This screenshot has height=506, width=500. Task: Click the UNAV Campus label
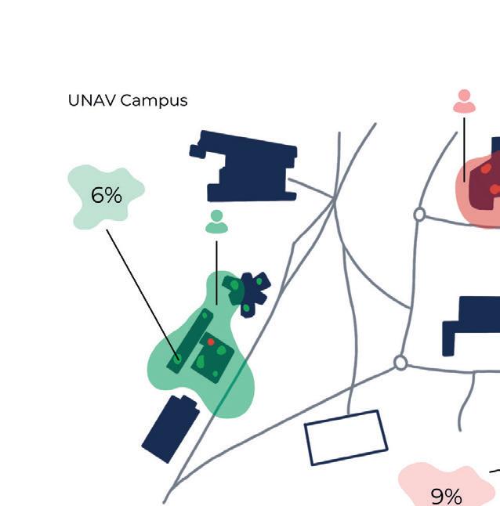pos(128,101)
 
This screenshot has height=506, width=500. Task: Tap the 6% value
pos(107,195)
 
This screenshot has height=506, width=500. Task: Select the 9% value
pos(446,496)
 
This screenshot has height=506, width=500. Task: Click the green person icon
pos(216,222)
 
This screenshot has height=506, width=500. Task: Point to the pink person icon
pos(465,101)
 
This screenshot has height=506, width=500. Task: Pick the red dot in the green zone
pos(211,342)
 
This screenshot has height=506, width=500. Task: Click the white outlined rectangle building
pos(346,437)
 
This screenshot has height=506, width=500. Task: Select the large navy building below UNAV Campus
pos(248,167)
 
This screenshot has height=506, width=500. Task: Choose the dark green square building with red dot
pos(213,356)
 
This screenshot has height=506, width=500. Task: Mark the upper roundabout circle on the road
pos(419,214)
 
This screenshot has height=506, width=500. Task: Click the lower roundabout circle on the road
pos(400,363)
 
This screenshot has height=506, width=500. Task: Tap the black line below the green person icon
pos(217,271)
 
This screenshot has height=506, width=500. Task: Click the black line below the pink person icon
pos(464,149)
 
